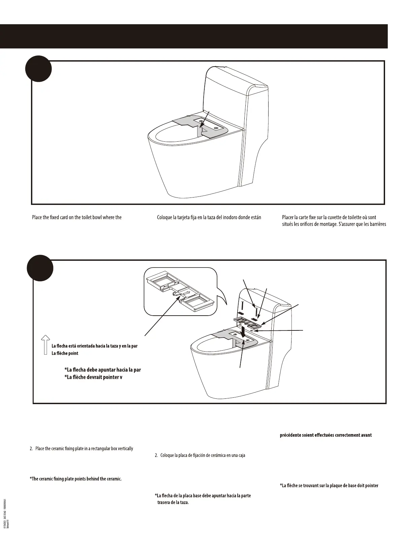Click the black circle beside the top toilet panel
click(38, 69)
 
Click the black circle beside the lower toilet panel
click(40, 268)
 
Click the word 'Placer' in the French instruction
click(288, 217)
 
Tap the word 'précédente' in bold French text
click(290, 435)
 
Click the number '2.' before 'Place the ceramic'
click(32, 449)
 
